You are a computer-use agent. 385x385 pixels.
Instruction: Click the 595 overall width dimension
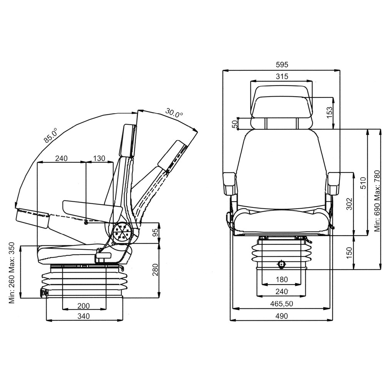pyautogui.click(x=282, y=65)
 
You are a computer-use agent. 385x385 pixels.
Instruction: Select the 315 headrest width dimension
pyautogui.click(x=282, y=76)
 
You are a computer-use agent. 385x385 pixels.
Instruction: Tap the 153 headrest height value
pyautogui.click(x=329, y=112)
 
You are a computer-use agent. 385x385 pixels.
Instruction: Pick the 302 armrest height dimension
pyautogui.click(x=348, y=204)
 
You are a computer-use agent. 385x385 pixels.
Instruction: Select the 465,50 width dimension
pyautogui.click(x=282, y=304)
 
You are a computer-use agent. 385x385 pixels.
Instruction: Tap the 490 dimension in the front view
pyautogui.click(x=282, y=316)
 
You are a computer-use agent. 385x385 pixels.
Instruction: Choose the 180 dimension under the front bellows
pyautogui.click(x=282, y=280)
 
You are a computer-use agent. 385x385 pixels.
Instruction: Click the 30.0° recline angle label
pyautogui.click(x=174, y=113)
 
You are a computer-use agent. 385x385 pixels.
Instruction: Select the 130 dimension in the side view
pyautogui.click(x=99, y=158)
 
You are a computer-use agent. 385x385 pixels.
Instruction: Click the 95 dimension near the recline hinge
pyautogui.click(x=156, y=233)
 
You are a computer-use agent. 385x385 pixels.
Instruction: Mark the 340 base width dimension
pyautogui.click(x=84, y=316)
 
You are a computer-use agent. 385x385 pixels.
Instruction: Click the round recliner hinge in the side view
pyautogui.click(x=122, y=233)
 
